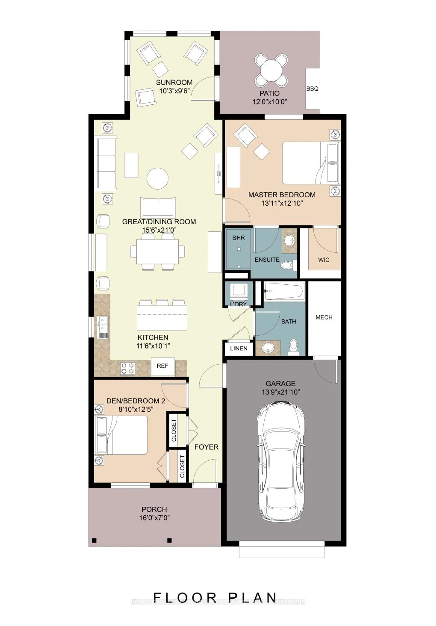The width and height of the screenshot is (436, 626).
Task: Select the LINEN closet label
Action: pos(239,348)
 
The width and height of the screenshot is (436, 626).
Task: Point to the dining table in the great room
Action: pos(157,251)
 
